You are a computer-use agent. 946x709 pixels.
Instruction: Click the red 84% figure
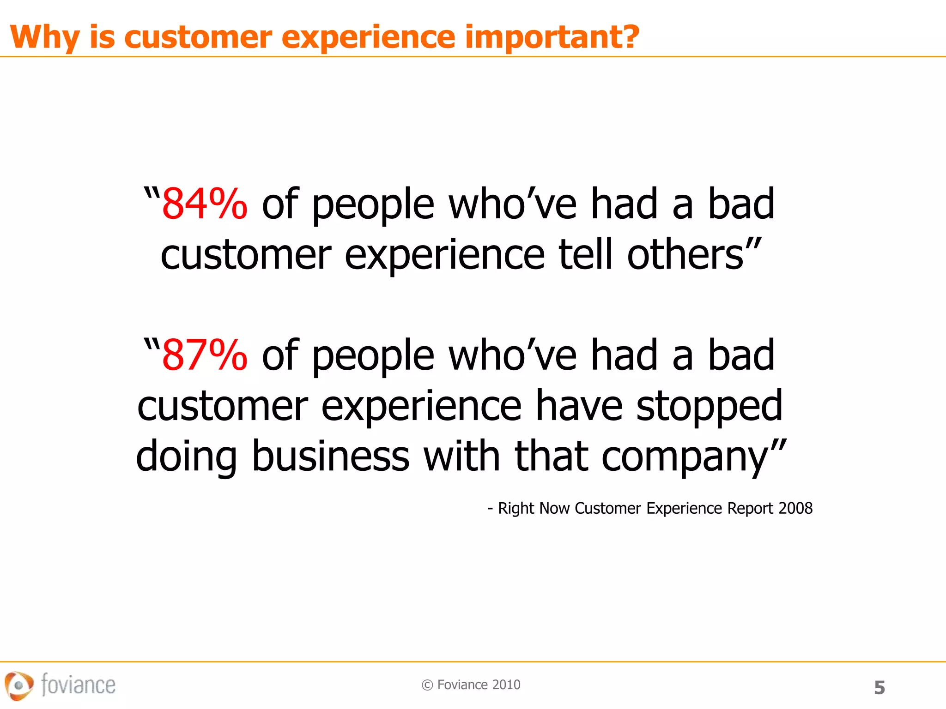[x=205, y=204]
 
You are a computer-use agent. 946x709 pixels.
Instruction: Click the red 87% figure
[x=205, y=355]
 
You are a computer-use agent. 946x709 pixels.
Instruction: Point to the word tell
[x=586, y=255]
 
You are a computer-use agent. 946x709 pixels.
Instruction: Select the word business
[x=331, y=457]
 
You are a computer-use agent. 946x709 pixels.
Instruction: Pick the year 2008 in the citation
[x=795, y=508]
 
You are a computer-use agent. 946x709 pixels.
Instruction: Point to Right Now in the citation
[x=533, y=508]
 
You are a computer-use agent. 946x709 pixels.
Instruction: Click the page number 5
[x=879, y=688]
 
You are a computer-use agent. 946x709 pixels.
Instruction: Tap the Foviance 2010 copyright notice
[x=471, y=685]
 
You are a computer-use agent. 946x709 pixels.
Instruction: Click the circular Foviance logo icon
[x=18, y=685]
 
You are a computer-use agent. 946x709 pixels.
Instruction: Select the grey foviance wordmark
[x=78, y=685]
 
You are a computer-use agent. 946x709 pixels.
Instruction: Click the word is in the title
[x=102, y=36]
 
